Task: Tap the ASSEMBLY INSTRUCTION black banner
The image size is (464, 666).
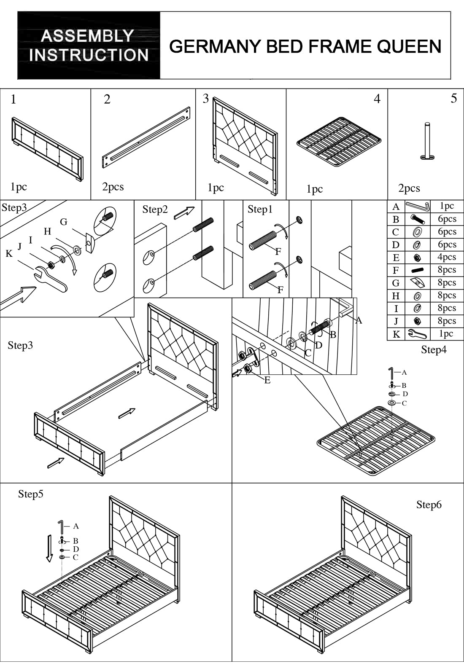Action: pyautogui.click(x=89, y=46)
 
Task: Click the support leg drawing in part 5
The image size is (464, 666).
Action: pyautogui.click(x=428, y=141)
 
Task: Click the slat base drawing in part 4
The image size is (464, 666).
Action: pyautogui.click(x=339, y=141)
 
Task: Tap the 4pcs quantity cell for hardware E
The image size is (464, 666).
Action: pyautogui.click(x=447, y=257)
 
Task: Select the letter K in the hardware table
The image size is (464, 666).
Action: pyautogui.click(x=396, y=334)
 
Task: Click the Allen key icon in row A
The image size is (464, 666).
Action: pyautogui.click(x=417, y=206)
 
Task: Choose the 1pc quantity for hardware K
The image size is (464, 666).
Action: pyautogui.click(x=447, y=333)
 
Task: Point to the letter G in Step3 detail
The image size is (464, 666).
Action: pyautogui.click(x=64, y=222)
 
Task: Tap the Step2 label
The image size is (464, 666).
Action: pyautogui.click(x=155, y=209)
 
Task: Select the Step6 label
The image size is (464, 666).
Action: pyautogui.click(x=429, y=505)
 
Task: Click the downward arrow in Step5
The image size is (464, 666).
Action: pyautogui.click(x=49, y=548)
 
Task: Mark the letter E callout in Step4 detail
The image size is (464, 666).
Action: pyautogui.click(x=267, y=380)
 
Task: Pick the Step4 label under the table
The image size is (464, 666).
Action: pyautogui.click(x=434, y=349)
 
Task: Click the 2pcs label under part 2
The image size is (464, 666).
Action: pyautogui.click(x=113, y=187)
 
